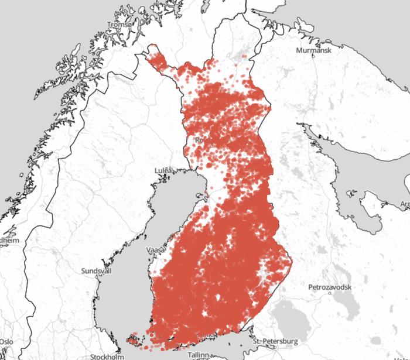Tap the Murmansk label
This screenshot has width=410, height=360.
pos(315,51)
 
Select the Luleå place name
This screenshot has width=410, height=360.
pos(164,170)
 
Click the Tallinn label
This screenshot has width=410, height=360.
pos(198,355)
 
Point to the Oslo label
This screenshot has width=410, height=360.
pos(6,341)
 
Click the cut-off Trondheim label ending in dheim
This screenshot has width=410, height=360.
pos(9,240)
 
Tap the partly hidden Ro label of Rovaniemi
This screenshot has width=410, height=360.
pos(198,140)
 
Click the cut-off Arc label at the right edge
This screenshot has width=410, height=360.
pos(404,204)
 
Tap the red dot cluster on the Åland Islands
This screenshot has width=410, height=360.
pos(133,338)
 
